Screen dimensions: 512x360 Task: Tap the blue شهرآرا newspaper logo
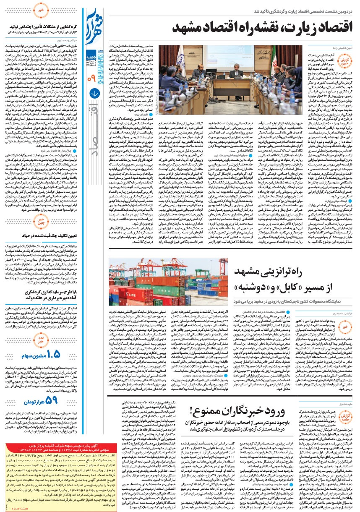click(93, 23)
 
